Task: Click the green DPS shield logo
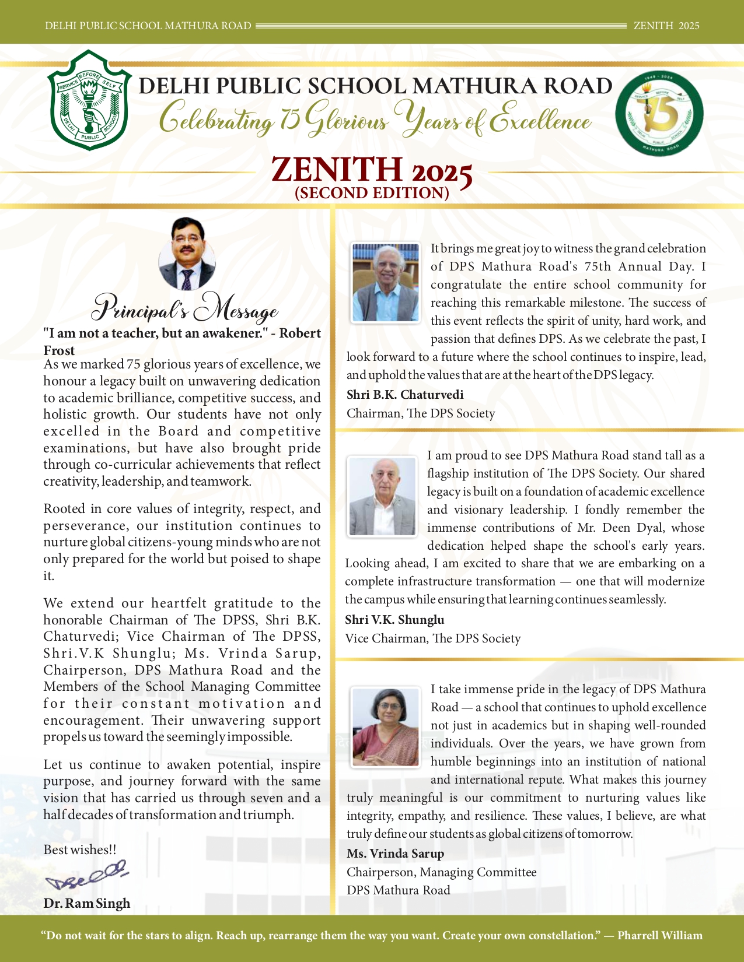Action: tap(89, 100)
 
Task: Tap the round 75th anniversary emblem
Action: tap(659, 114)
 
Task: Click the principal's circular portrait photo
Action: tap(187, 254)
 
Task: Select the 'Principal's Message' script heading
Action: tap(186, 310)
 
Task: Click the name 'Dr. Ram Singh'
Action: tap(86, 903)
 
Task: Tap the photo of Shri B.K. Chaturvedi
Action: tap(385, 283)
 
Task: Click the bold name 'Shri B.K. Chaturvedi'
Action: tap(405, 395)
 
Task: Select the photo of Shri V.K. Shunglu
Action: tap(382, 496)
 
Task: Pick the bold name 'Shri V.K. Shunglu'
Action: tap(394, 620)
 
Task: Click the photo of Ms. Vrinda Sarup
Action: tap(385, 726)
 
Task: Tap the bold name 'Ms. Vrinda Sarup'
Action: tap(395, 854)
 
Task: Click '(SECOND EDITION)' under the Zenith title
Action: tap(372, 193)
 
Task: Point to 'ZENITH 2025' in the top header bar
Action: tap(666, 26)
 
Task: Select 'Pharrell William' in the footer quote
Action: tap(660, 936)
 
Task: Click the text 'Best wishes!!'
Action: tap(80, 850)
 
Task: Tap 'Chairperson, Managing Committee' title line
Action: tap(441, 872)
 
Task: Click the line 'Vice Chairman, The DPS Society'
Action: tap(432, 638)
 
